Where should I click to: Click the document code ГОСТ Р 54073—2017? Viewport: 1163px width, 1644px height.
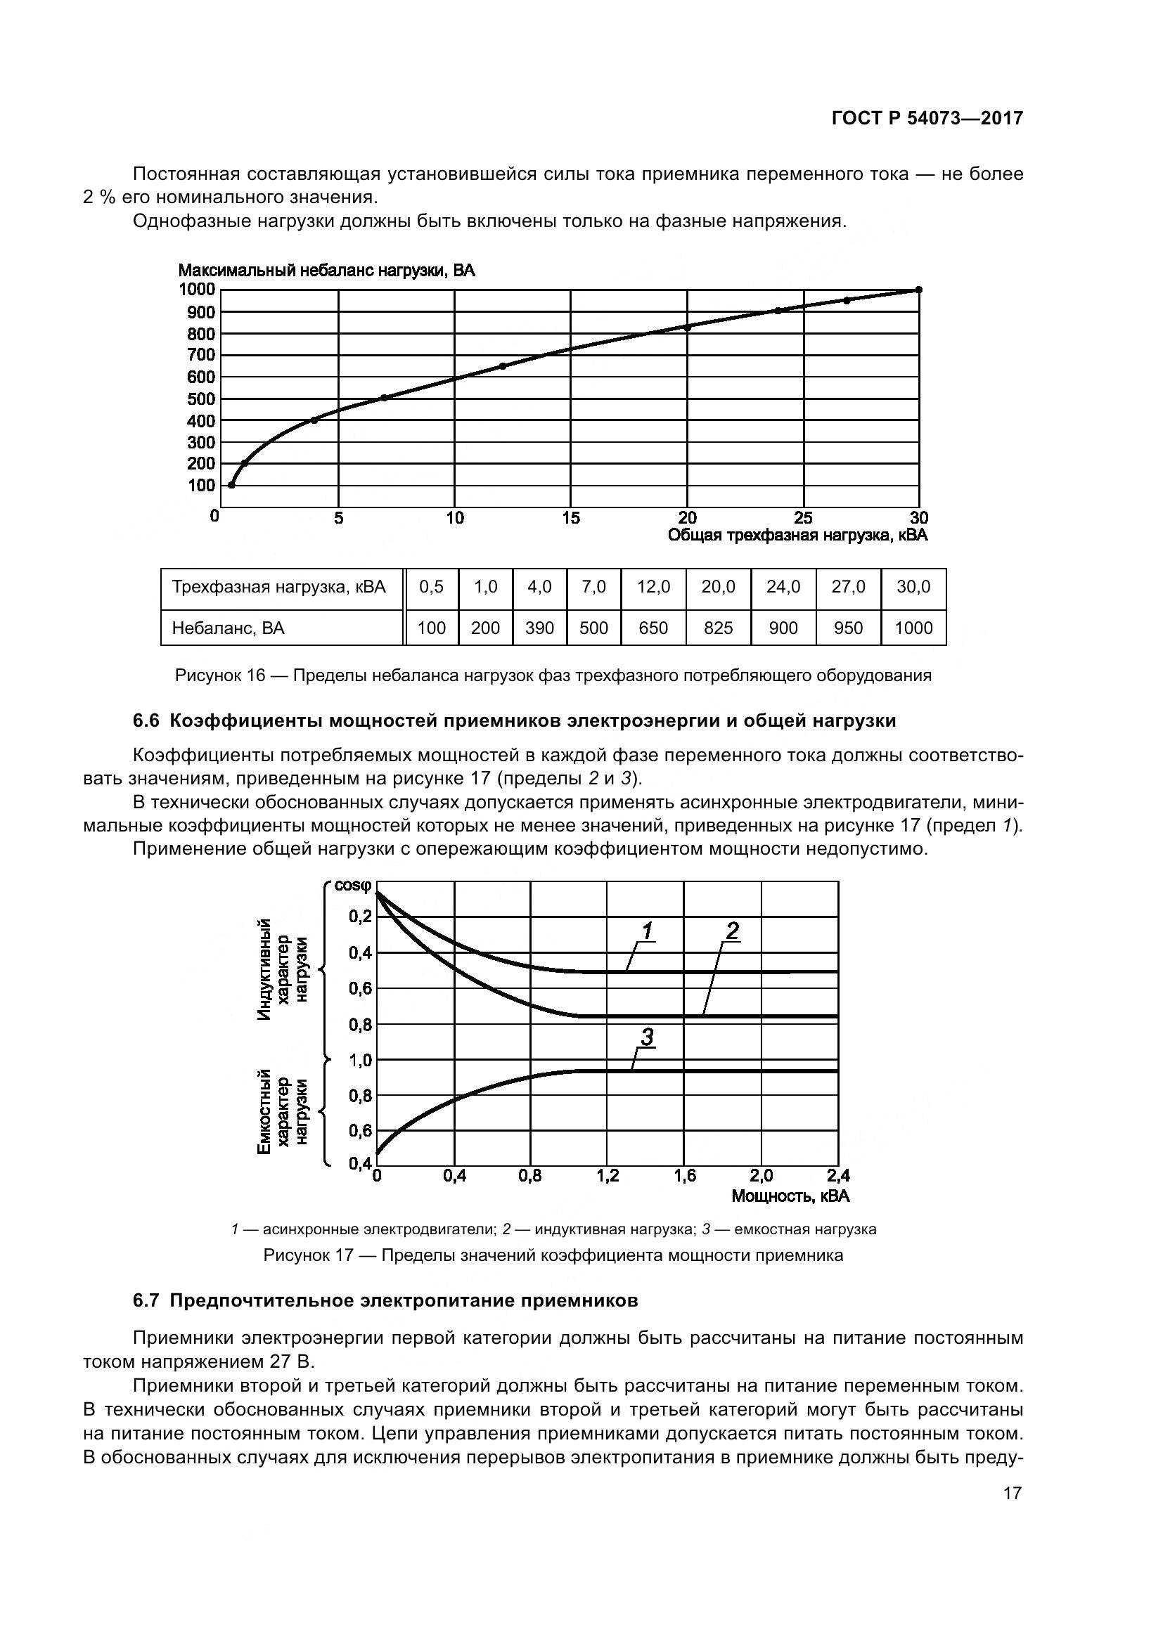(x=927, y=119)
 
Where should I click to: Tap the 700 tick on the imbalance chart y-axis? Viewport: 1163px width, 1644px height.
(x=201, y=355)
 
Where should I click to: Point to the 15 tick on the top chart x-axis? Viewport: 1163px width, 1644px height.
(x=571, y=518)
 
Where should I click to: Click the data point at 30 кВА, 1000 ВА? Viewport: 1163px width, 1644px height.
(x=919, y=290)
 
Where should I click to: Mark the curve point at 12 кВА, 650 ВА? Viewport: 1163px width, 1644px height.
(x=502, y=366)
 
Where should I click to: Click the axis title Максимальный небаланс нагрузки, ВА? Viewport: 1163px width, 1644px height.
(x=326, y=271)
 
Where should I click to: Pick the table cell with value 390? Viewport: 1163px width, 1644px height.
(x=539, y=628)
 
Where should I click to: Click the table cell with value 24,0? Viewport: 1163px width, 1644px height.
(x=783, y=587)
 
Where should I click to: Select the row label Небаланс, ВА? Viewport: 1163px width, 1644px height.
(x=228, y=628)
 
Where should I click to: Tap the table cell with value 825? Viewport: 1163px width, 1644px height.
(x=718, y=628)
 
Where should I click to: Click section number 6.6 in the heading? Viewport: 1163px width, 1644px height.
(x=146, y=720)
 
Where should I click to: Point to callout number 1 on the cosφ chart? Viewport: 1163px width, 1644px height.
(x=647, y=931)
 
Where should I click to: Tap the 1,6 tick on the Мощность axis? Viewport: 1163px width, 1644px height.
(x=685, y=1176)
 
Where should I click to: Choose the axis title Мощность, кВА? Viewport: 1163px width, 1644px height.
(x=790, y=1196)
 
